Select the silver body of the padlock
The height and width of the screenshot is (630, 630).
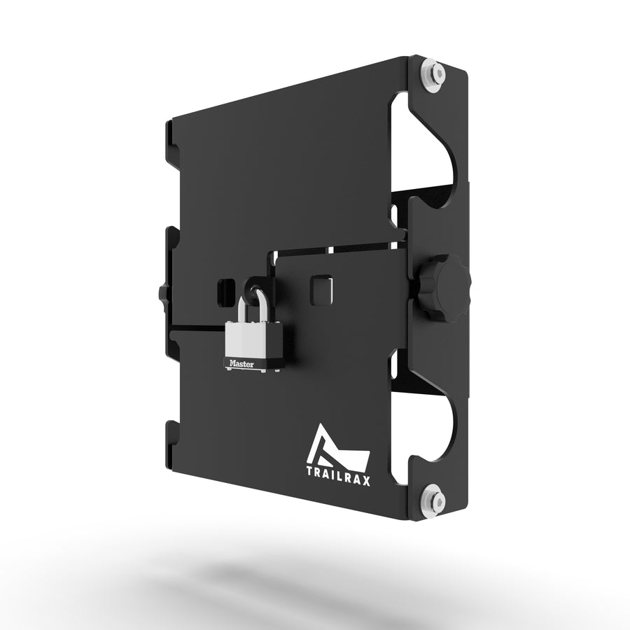click(251, 339)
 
